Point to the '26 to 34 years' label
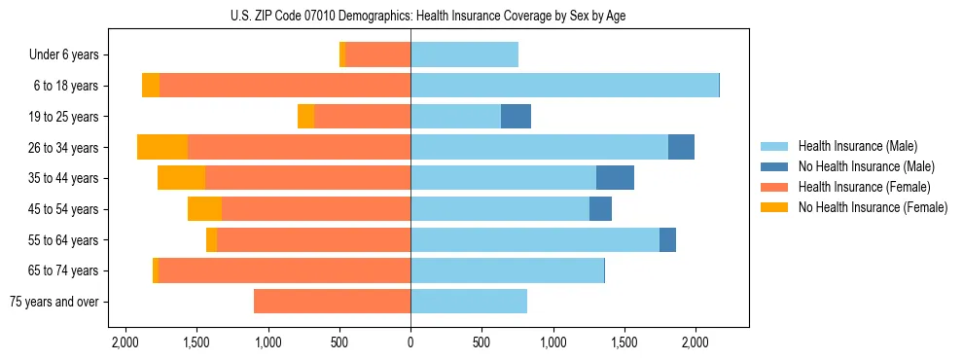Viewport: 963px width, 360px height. (63, 148)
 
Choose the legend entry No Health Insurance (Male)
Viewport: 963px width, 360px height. (866, 166)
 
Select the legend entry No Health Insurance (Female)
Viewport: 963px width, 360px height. (872, 207)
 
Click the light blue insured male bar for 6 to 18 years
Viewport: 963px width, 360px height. (564, 86)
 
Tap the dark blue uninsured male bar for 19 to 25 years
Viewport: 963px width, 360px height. (516, 117)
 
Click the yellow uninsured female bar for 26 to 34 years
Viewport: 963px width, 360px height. (162, 147)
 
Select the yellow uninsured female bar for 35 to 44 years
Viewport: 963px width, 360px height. (181, 178)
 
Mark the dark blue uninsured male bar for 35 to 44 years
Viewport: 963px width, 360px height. (615, 178)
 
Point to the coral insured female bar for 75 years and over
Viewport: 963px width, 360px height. (332, 302)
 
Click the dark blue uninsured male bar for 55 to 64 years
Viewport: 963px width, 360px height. (667, 239)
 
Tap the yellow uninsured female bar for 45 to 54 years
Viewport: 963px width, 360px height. (204, 209)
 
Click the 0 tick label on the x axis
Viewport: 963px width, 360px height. (410, 342)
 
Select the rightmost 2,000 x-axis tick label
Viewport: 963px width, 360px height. (695, 342)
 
